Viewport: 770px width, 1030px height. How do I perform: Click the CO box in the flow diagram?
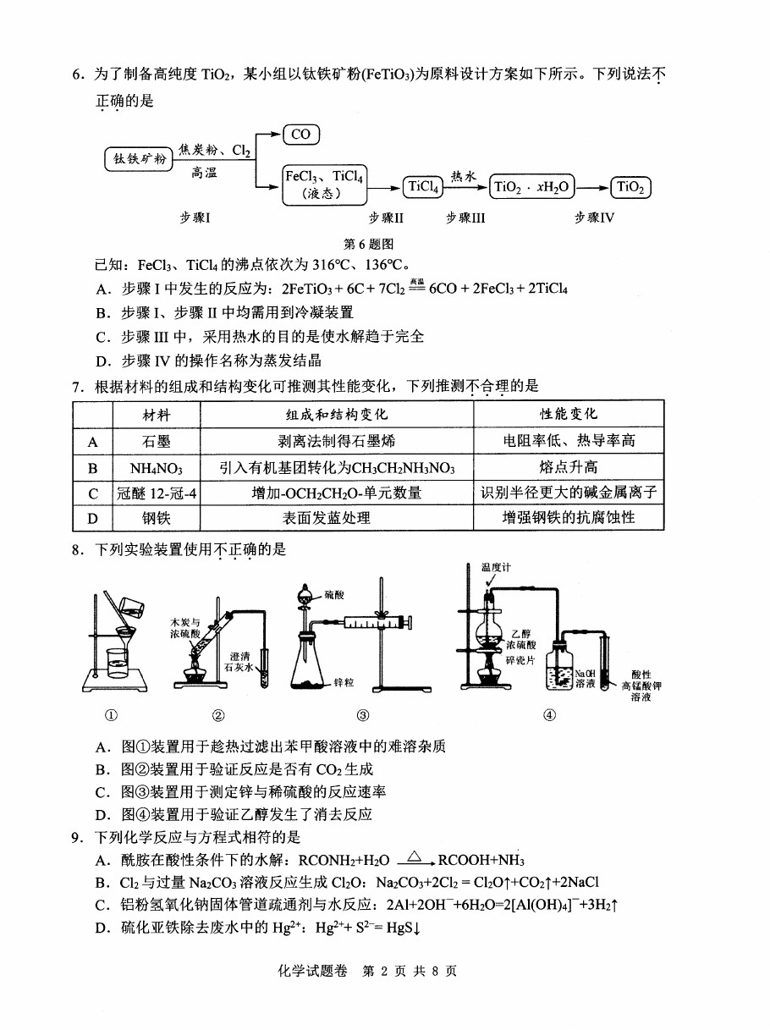301,135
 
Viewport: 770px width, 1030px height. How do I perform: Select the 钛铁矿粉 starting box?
139,159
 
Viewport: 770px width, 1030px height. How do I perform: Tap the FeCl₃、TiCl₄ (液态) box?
325,185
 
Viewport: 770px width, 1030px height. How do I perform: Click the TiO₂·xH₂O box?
531,187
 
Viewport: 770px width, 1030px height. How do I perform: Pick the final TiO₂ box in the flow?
630,187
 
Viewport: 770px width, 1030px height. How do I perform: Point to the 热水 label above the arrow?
464,176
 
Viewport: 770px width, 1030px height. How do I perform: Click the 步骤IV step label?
594,218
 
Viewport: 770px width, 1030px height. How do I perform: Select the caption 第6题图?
368,244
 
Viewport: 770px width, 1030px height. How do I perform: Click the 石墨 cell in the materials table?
157,441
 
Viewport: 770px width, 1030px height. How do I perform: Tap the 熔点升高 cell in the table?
569,467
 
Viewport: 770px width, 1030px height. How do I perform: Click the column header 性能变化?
569,414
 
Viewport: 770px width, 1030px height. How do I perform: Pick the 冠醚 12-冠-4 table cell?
157,493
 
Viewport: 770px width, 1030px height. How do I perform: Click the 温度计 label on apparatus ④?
496,568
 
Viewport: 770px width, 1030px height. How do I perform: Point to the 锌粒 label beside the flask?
344,683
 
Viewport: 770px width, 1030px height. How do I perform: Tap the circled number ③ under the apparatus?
363,715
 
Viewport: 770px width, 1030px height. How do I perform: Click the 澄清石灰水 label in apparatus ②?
239,662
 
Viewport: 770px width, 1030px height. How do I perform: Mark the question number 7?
77,387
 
